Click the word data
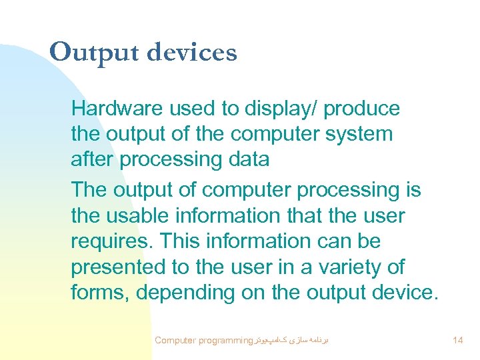tap(247, 159)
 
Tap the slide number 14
tap(457, 340)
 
